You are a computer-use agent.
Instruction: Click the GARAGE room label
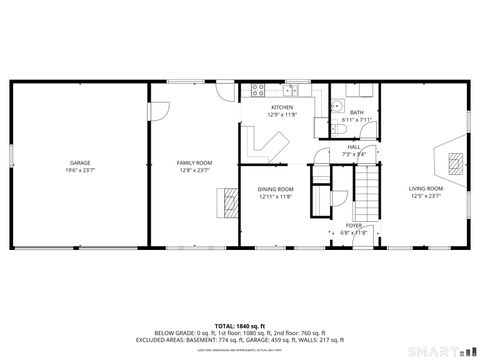pos(80,162)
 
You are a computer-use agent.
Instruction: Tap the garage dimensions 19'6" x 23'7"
pos(80,170)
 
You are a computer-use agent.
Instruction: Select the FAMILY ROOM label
pos(195,162)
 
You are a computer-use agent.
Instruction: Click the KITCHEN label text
pos(281,107)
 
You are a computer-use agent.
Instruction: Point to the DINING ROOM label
pos(276,189)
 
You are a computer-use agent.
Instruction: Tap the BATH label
pos(356,112)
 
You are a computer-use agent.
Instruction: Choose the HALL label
pos(354,147)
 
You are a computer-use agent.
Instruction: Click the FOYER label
pos(354,225)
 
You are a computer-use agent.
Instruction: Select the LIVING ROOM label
pos(426,188)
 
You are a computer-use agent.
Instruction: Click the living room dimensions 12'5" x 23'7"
pos(426,196)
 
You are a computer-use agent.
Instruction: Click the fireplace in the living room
pos(453,160)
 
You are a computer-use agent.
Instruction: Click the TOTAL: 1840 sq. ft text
pos(239,325)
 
